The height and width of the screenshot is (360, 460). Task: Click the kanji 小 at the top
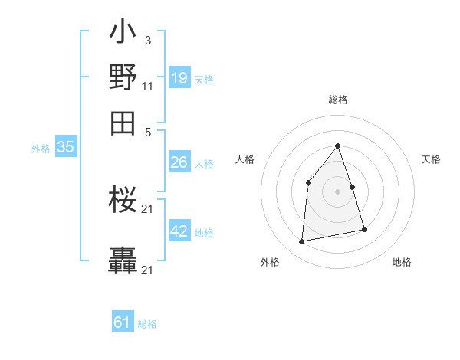pos(123,34)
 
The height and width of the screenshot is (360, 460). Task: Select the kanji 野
pos(123,78)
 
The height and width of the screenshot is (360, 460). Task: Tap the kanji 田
pos(123,122)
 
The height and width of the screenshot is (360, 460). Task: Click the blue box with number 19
pos(179,78)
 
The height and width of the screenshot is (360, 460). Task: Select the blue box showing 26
pos(179,162)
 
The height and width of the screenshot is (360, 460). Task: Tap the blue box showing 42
pos(179,231)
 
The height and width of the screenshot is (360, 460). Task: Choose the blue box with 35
pos(65,147)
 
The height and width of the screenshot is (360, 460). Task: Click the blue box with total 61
pos(123,322)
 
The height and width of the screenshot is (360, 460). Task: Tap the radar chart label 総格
pos(337,100)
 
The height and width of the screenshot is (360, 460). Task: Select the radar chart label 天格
pos(431,159)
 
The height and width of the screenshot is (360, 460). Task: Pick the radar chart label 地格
pos(402,262)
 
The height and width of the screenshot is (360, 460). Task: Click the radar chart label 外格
pos(270,262)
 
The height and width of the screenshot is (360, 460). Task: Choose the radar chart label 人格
pos(245,159)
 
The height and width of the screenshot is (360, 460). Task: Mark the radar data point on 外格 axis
pos(302,242)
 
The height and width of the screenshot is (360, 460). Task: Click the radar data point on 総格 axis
pos(337,146)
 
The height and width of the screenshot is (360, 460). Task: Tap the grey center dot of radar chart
pos(337,191)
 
